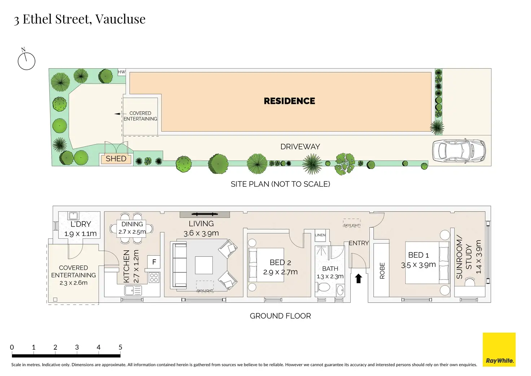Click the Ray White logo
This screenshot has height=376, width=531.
[499, 350]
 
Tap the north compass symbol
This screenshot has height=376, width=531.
[26, 61]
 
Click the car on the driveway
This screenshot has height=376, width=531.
[459, 151]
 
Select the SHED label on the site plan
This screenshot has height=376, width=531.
[116, 159]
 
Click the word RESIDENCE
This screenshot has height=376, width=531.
[289, 101]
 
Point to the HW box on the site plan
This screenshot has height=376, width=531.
[122, 72]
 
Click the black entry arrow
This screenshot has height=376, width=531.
[359, 278]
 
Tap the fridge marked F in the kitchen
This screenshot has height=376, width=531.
[154, 262]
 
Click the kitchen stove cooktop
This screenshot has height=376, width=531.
[154, 277]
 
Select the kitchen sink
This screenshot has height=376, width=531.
[133, 290]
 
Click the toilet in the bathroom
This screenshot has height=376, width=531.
[324, 288]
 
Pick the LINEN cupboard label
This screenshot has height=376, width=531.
[320, 235]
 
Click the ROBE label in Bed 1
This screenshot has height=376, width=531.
[382, 271]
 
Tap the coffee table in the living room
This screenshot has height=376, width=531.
[204, 265]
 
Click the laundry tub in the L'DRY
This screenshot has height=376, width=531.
[73, 216]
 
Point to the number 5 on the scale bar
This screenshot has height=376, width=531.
[120, 347]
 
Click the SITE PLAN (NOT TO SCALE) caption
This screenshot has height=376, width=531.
[280, 184]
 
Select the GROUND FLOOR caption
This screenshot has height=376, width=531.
[280, 316]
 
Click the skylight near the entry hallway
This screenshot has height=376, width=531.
[351, 223]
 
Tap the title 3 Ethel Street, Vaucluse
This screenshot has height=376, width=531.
[80, 19]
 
